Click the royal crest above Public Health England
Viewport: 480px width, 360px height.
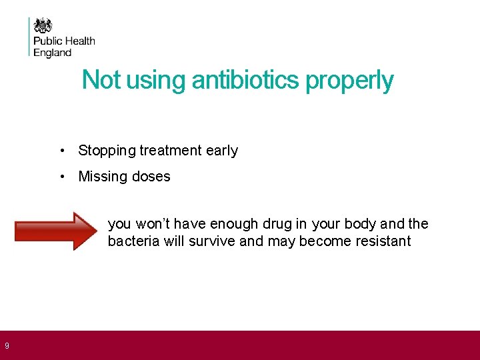point(43,26)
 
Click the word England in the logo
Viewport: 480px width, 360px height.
point(52,53)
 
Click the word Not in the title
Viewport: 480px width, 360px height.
point(101,81)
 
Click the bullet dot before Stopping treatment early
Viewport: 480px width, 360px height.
point(61,151)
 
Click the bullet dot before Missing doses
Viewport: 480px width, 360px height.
point(61,177)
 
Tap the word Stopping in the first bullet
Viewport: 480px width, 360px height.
point(107,151)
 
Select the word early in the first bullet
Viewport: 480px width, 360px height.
point(222,151)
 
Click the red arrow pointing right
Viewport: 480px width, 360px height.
point(56,231)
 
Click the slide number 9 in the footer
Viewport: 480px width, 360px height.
point(7,345)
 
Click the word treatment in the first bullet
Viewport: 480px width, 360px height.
point(171,151)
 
